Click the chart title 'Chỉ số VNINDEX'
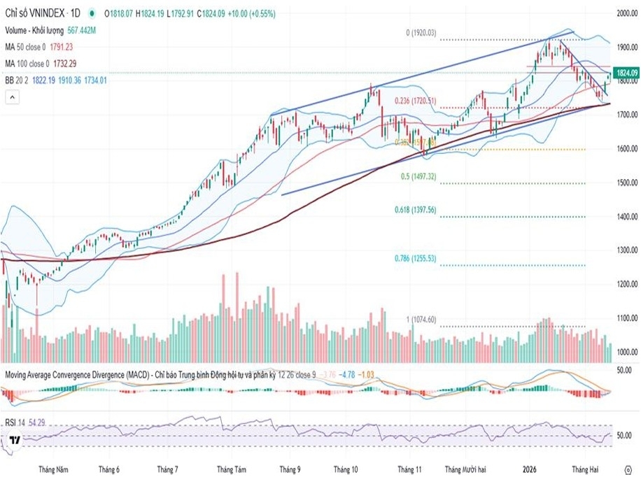coord(32,13)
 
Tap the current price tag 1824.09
coord(626,73)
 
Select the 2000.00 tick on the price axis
coord(626,13)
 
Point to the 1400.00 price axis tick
coord(626,217)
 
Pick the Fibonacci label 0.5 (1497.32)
coord(418,177)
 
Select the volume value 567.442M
coord(81,31)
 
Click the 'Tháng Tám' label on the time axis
coord(232,469)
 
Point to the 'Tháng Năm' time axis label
coord(54,469)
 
